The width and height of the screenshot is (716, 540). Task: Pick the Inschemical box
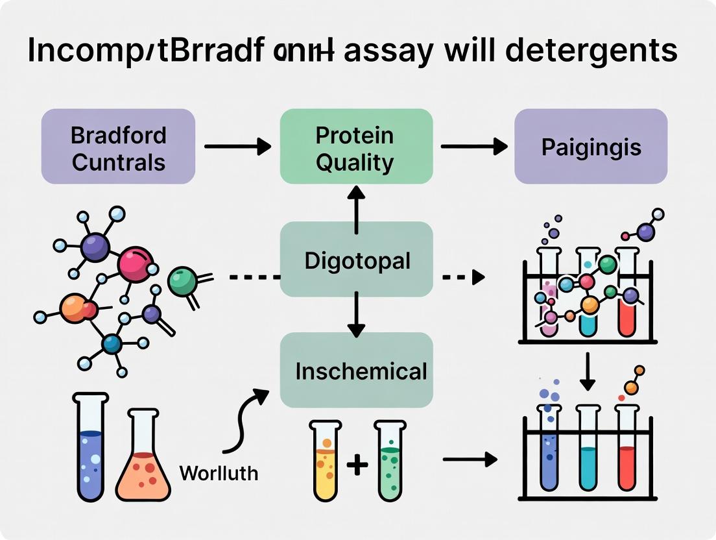point(357,371)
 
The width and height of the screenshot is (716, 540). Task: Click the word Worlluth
point(219,472)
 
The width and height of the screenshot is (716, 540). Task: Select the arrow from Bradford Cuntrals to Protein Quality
point(237,147)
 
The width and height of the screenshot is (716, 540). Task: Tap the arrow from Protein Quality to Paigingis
point(473,147)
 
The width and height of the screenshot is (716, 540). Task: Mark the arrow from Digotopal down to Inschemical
point(356,314)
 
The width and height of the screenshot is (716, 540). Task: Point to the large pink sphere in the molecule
point(135,265)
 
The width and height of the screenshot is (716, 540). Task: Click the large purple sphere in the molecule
point(95,247)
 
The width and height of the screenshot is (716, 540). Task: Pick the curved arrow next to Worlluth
point(246,419)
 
